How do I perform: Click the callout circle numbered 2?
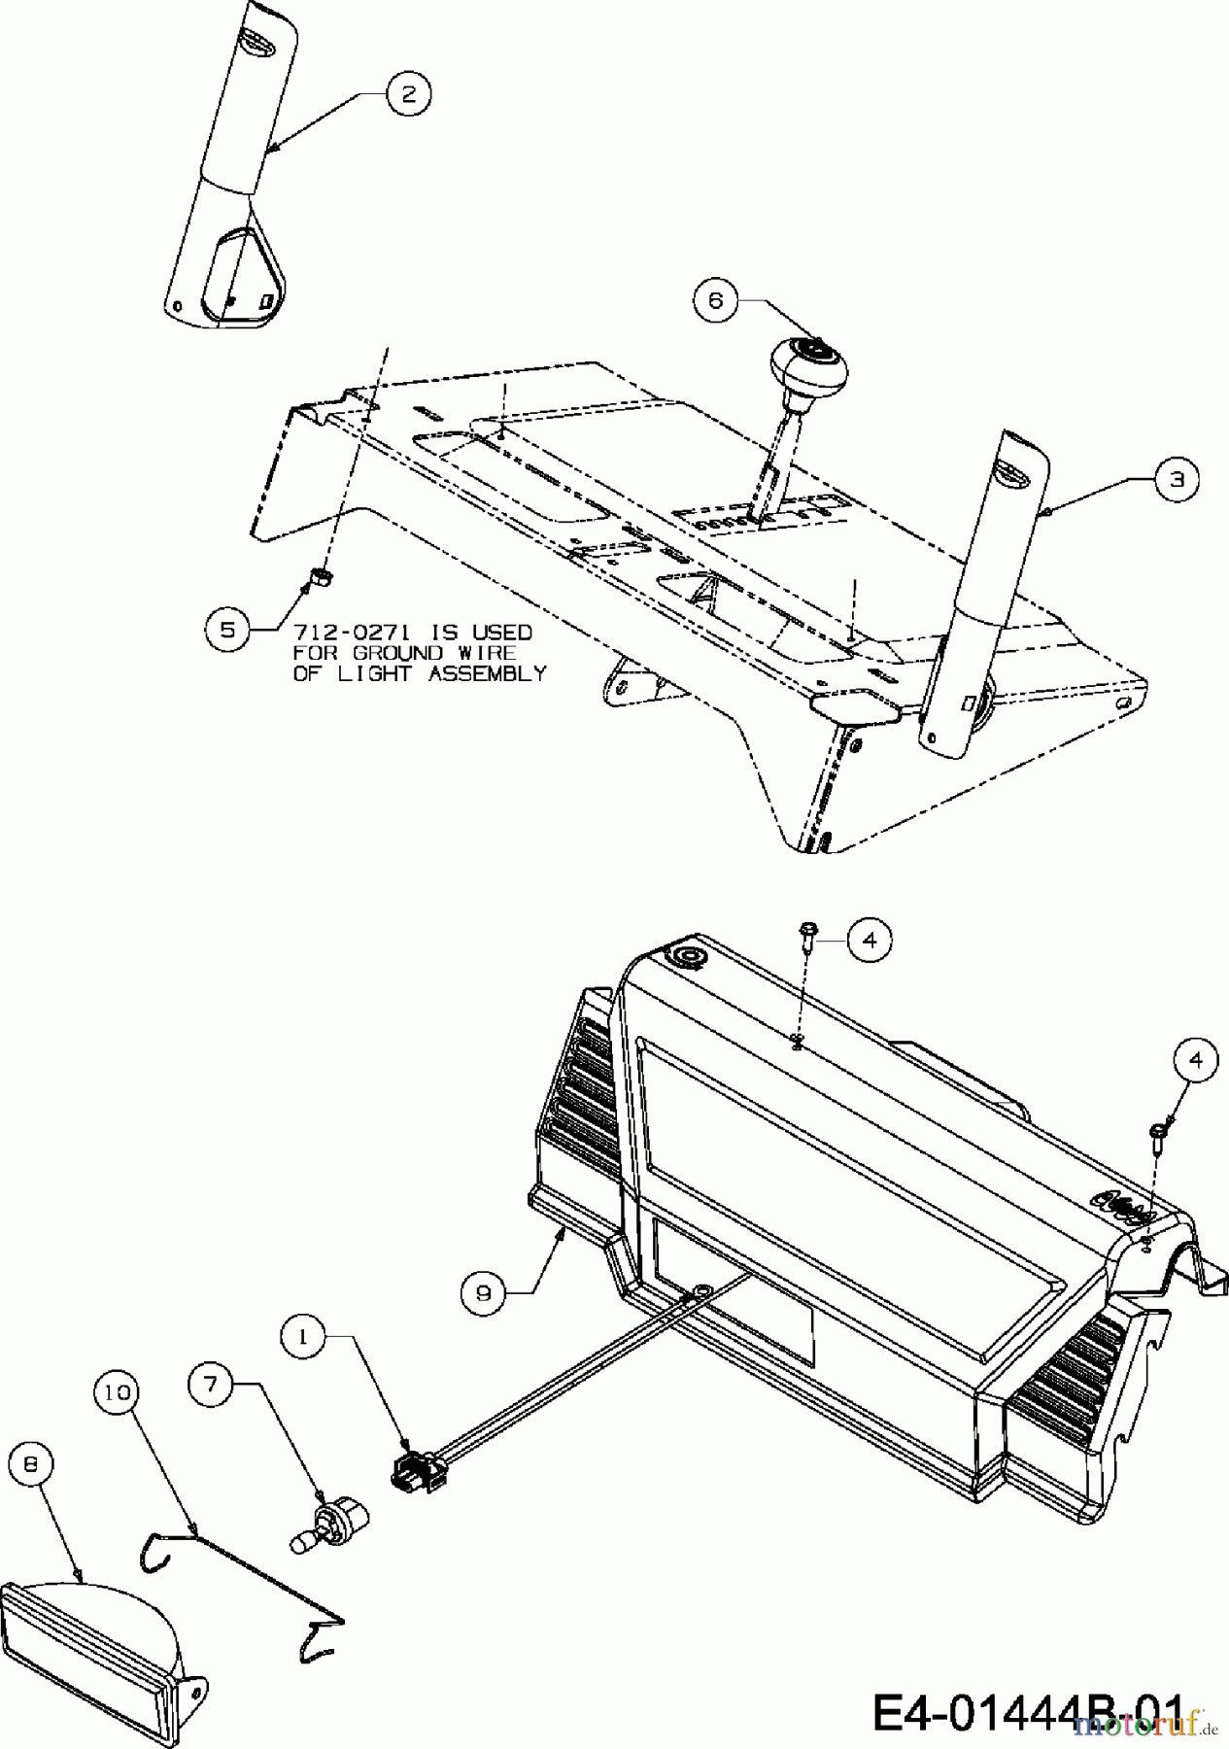(x=408, y=93)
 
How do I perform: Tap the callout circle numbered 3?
(x=1177, y=480)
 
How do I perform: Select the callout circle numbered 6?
(x=717, y=300)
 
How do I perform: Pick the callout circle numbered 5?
(x=227, y=629)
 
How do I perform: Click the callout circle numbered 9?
(x=484, y=1291)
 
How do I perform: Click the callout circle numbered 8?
(x=31, y=1466)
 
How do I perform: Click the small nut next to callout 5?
(x=317, y=580)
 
